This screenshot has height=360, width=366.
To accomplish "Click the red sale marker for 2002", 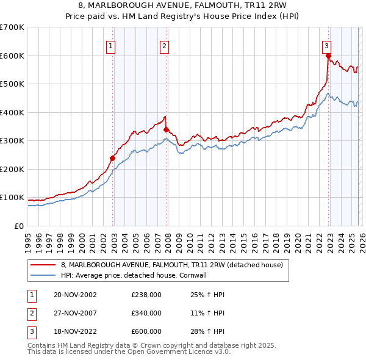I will tap(113, 158).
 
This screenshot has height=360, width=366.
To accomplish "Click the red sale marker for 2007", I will tap(167, 129).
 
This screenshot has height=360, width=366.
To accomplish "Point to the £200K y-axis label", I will tap(12, 169).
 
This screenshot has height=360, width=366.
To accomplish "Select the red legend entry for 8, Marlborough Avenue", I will tap(171, 265).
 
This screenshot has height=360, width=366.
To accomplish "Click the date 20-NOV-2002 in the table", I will tap(75, 295).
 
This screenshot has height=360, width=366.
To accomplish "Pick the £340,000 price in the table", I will tap(146, 313).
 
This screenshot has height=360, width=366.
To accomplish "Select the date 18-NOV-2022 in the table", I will tap(75, 331).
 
